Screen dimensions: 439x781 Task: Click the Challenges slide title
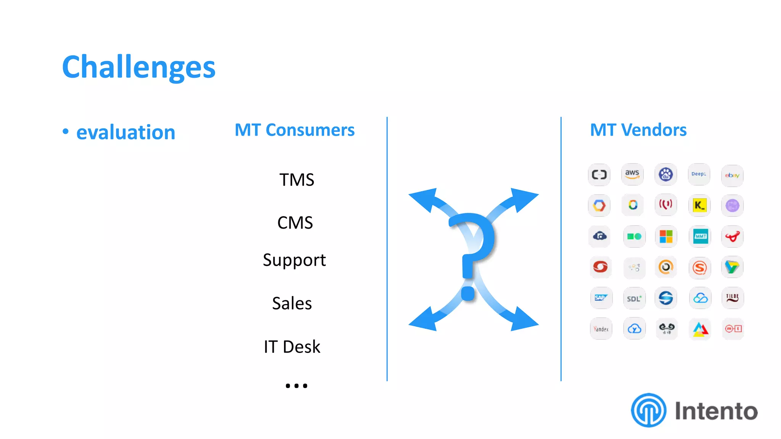coord(139,67)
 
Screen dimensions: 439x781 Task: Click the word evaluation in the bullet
coord(125,132)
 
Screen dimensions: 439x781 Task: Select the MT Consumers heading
coord(294,130)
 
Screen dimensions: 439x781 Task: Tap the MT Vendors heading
coord(638,130)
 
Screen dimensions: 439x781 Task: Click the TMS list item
coord(296,179)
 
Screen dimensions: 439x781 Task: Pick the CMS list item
coord(295,223)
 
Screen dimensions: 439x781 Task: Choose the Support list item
coord(294,260)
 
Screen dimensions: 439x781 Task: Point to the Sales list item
coord(292,303)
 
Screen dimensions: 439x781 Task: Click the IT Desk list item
coord(292,347)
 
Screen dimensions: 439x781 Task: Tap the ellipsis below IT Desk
coord(296,386)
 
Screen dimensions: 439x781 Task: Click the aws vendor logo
coord(632,174)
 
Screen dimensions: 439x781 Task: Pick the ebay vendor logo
coord(732,175)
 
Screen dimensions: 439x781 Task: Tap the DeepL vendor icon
coord(699,174)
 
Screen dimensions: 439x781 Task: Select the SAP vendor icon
coord(601,298)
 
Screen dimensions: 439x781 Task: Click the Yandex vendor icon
coord(601,328)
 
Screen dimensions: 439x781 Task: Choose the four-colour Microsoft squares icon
coord(666,236)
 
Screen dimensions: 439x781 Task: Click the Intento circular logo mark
coord(648,410)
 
